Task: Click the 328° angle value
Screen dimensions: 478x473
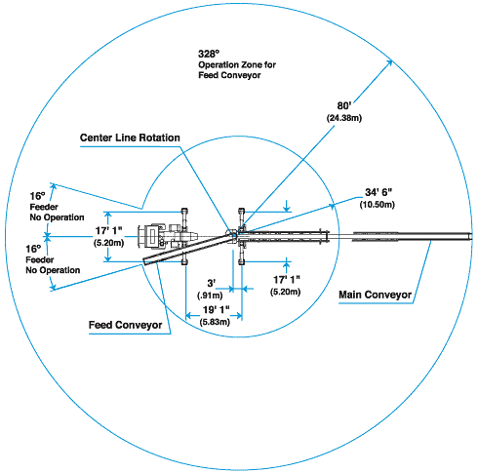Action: (209, 54)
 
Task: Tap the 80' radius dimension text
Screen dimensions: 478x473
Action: (344, 106)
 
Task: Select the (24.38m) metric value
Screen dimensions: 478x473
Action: (344, 118)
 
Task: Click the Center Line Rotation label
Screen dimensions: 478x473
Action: (130, 138)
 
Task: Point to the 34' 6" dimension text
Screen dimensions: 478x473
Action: (378, 192)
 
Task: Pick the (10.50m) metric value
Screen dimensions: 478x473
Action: (378, 205)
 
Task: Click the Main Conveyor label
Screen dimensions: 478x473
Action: (375, 295)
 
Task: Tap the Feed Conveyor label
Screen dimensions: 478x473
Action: (125, 325)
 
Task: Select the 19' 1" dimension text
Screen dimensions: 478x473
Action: (217, 310)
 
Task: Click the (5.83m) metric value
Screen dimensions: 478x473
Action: (215, 322)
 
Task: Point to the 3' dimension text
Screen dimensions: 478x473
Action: (212, 283)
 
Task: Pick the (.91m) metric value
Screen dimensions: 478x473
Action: (210, 296)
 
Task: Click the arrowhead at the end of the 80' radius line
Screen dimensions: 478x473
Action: (389, 63)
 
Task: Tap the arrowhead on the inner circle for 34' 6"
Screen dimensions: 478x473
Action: (331, 206)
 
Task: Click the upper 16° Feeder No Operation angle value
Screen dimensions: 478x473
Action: (38, 196)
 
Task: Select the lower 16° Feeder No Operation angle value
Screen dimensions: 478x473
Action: (33, 250)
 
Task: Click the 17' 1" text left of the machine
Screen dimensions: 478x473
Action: (108, 231)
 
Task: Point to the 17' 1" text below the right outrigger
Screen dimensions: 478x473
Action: (287, 280)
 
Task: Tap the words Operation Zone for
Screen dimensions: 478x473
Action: (237, 64)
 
